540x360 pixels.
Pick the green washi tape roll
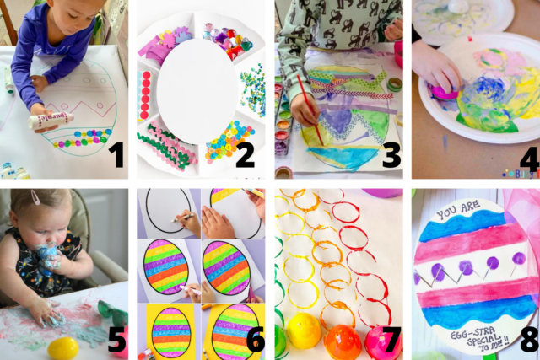(394, 84)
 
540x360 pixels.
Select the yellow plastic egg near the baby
(63, 347)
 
